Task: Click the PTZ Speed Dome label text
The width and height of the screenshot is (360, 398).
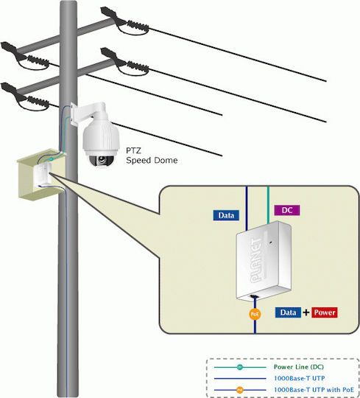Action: [152, 156]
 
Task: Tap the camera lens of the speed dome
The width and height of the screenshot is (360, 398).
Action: [102, 160]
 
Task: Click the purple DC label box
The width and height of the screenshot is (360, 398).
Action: [287, 210]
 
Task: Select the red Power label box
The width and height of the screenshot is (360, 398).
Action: [325, 313]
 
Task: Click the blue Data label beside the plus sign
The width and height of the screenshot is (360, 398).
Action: [288, 313]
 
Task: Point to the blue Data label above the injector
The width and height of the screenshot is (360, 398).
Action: [226, 215]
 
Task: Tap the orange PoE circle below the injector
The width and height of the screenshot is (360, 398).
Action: [255, 314]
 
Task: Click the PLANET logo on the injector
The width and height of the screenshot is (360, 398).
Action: [255, 260]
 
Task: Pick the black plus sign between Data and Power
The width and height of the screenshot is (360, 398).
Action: [306, 313]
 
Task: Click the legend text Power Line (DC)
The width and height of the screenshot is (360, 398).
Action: [299, 367]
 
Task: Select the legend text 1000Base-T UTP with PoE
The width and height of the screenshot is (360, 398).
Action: [314, 390]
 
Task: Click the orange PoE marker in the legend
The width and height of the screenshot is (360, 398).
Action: [239, 390]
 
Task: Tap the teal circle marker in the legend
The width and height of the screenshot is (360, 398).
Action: [239, 367]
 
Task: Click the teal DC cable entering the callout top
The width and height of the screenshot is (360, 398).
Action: [268, 205]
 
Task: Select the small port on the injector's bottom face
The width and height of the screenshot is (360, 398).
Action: [254, 296]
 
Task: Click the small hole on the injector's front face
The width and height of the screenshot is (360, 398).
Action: [270, 242]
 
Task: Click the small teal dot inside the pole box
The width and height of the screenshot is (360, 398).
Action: [52, 159]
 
